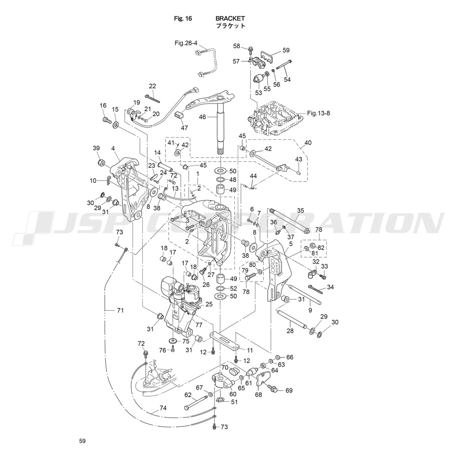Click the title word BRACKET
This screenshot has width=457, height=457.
(x=230, y=18)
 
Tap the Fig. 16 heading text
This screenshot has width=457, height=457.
(x=183, y=18)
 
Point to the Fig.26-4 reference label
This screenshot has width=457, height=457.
(x=186, y=43)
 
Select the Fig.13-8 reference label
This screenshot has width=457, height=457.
(x=319, y=113)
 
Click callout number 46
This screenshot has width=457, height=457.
(x=202, y=117)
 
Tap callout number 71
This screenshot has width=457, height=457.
(x=120, y=311)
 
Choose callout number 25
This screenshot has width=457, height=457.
(x=209, y=304)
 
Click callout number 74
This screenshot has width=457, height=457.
(x=163, y=408)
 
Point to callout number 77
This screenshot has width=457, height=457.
(x=198, y=325)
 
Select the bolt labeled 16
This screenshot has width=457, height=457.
(x=106, y=120)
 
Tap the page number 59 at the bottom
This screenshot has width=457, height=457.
(x=82, y=441)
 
